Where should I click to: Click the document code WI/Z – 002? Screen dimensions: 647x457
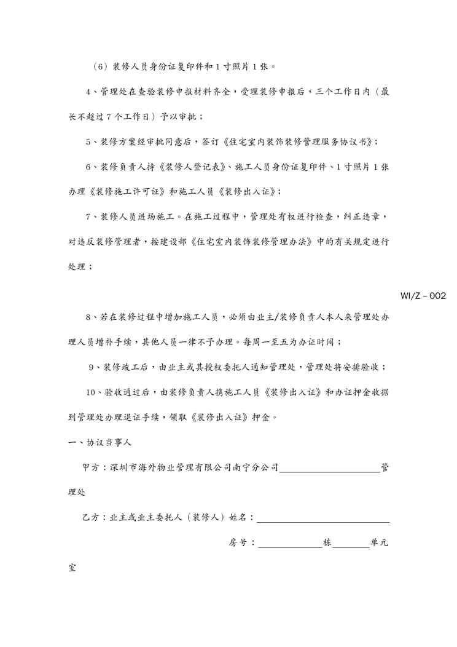(423, 296)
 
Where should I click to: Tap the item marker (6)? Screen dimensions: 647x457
(100, 66)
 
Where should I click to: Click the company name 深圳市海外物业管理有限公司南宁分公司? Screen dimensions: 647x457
(194, 467)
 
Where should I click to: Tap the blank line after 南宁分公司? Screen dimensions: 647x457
(330, 469)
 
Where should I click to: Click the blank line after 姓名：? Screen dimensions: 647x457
(322, 520)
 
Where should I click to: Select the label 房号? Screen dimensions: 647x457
(238, 543)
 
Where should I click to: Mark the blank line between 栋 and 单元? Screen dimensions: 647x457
(351, 546)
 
